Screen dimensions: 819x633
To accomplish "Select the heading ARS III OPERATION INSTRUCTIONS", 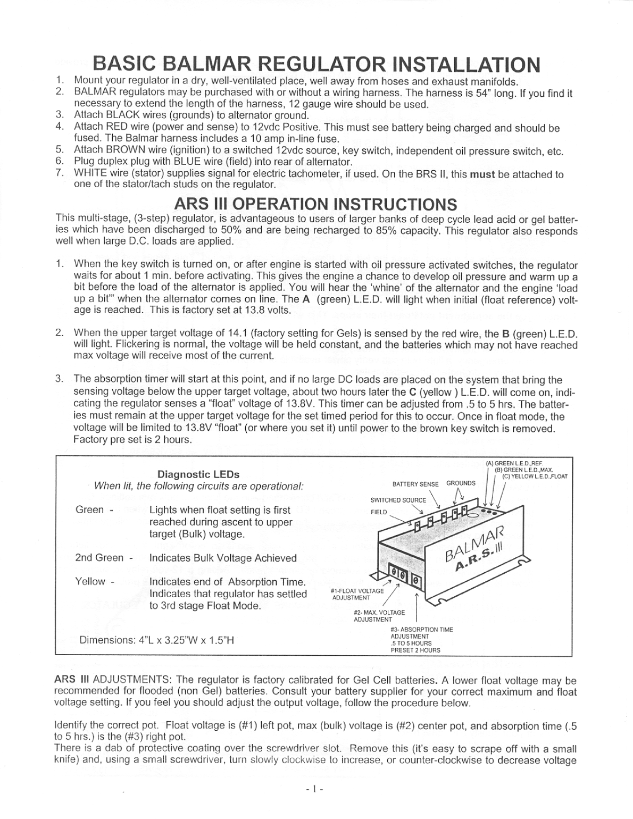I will (x=315, y=204).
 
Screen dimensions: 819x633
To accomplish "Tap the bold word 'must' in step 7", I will (x=482, y=174).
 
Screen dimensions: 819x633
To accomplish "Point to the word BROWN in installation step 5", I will (x=128, y=151).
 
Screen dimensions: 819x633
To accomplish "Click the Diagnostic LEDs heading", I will (x=198, y=474).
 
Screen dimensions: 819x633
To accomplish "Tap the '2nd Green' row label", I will (x=99, y=558).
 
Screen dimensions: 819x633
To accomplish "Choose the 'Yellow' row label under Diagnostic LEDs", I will (x=90, y=581).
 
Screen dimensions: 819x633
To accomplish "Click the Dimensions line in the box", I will (x=157, y=640).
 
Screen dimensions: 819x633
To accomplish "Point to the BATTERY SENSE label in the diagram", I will (x=415, y=484).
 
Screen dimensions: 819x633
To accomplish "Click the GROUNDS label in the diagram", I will (x=461, y=483).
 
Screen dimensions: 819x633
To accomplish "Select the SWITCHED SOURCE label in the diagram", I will (x=398, y=500).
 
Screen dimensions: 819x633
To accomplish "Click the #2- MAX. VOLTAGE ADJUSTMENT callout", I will (x=379, y=616).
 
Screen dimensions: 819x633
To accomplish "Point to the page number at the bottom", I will (x=316, y=789).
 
